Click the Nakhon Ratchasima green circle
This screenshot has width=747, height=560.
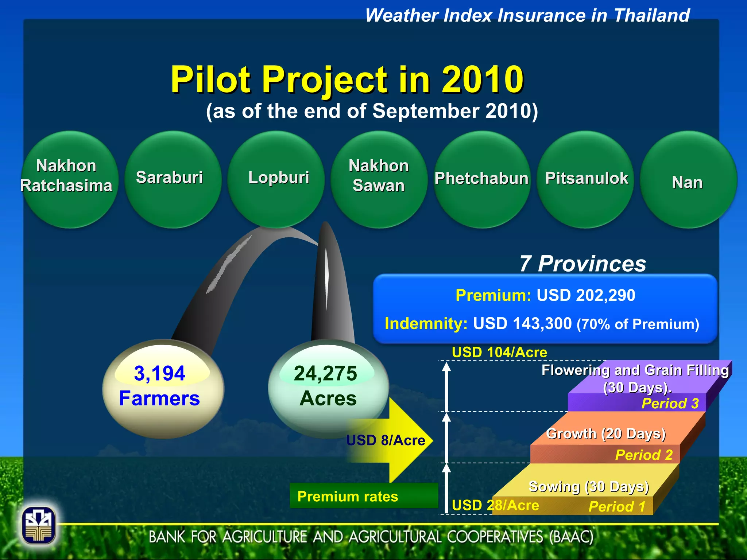[69, 179]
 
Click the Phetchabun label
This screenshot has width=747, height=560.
[481, 179]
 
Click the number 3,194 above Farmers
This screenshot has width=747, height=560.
[159, 373]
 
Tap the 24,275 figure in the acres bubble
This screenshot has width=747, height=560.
[325, 373]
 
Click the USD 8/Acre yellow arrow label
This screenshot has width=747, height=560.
[386, 440]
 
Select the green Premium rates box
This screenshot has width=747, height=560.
[363, 496]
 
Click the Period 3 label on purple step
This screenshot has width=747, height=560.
[670, 404]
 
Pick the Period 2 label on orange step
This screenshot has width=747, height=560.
[643, 455]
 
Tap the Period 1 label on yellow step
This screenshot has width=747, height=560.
[617, 506]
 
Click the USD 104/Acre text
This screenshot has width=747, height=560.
[499, 352]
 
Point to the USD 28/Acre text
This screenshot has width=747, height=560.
[495, 505]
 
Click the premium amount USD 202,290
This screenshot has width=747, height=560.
[585, 295]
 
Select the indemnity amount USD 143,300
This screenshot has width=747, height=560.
[522, 324]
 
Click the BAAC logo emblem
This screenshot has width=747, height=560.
[39, 525]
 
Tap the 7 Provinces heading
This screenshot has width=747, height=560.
[582, 264]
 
